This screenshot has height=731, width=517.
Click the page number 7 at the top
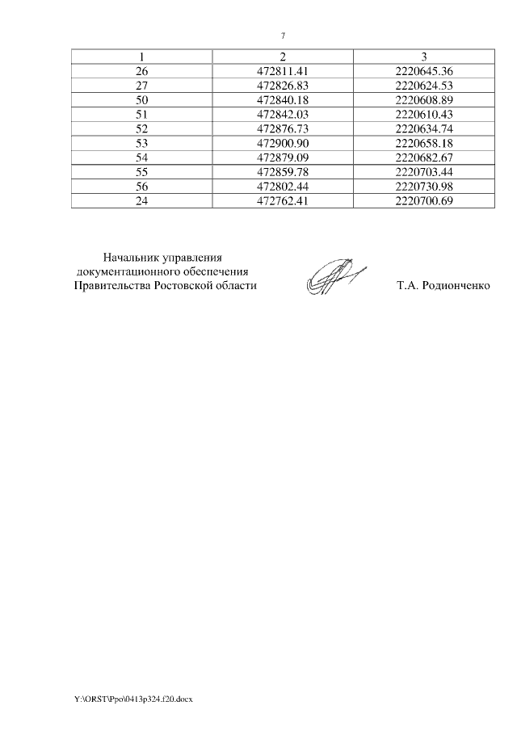283,36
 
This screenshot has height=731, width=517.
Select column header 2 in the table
283,56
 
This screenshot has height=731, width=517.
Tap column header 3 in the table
424,56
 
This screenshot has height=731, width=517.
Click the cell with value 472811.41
283,70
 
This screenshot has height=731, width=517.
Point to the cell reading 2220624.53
424,85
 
